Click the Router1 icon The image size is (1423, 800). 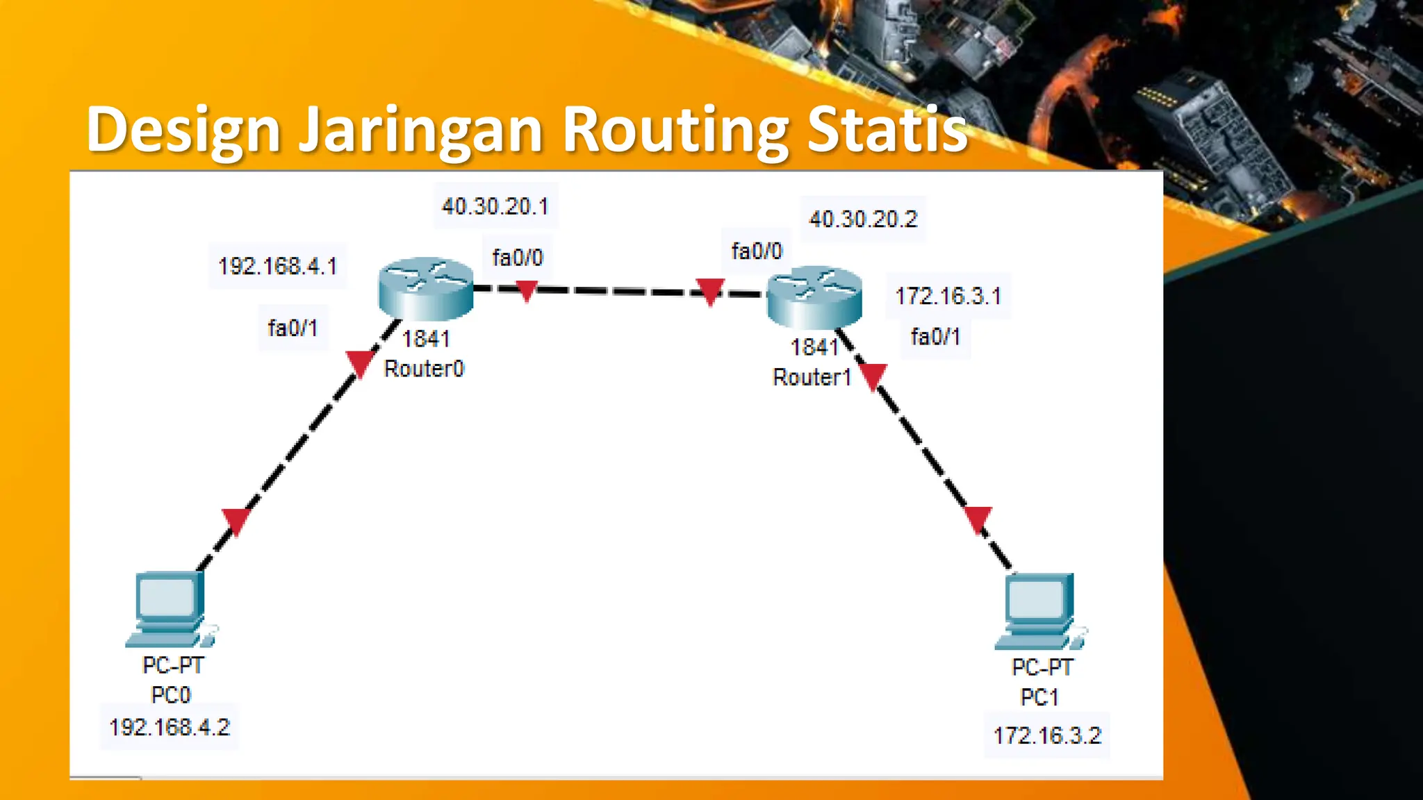[814, 297]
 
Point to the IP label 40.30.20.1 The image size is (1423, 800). [495, 206]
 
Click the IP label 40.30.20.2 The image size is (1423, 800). [863, 219]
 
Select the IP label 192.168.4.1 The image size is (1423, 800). [277, 266]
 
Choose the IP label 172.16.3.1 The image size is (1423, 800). [948, 297]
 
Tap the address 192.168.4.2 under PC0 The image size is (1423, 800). [170, 727]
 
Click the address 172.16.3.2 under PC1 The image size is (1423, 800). [1047, 735]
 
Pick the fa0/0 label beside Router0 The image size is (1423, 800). [518, 258]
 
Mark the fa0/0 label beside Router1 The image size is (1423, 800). [757, 251]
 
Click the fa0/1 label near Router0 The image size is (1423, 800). [293, 328]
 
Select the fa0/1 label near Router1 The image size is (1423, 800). [935, 337]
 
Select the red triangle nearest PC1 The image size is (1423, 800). [978, 519]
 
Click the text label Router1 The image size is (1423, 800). [812, 378]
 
